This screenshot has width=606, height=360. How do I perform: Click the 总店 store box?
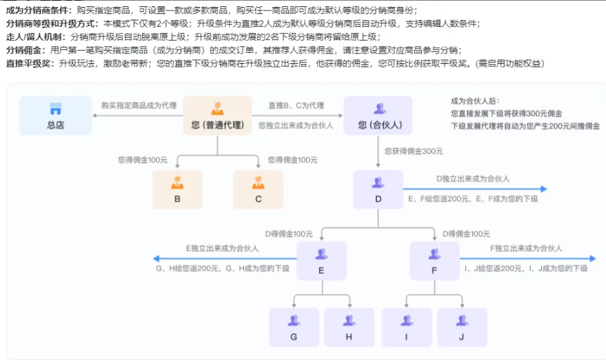[56, 115]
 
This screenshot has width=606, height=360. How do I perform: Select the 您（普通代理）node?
[217, 115]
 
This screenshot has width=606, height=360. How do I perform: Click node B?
[177, 189]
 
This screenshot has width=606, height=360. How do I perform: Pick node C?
[258, 189]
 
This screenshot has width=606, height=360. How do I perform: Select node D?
[378, 189]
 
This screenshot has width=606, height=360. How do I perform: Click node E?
[321, 262]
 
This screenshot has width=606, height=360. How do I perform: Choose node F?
[433, 262]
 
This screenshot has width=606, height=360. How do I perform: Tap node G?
[294, 327]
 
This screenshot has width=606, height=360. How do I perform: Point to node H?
[349, 327]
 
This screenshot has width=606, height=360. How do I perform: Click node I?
[406, 327]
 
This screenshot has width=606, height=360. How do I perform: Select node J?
[462, 327]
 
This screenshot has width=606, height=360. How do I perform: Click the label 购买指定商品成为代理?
[139, 105]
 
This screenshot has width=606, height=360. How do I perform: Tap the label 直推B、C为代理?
[296, 105]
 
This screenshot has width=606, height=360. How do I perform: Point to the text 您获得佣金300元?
[414, 150]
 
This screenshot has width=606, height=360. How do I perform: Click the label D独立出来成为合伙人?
[473, 179]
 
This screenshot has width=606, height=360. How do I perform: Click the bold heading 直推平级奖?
[30, 63]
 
